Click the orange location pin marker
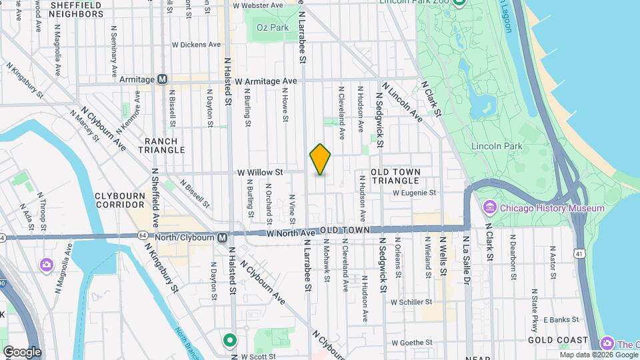pyautogui.click(x=320, y=159)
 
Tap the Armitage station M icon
pyautogui.click(x=162, y=79)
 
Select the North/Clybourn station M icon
pyautogui.click(x=223, y=237)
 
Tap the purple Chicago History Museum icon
pyautogui.click(x=490, y=208)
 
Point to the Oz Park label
pyautogui.click(x=273, y=27)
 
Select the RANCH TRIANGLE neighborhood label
pyautogui.click(x=161, y=146)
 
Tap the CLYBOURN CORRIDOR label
pyautogui.click(x=120, y=200)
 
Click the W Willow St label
pyautogui.click(x=261, y=172)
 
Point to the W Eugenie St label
pyautogui.click(x=414, y=193)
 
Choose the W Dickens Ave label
pyautogui.click(x=196, y=45)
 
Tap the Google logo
pyautogui.click(x=21, y=351)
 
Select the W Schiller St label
pyautogui.click(x=413, y=302)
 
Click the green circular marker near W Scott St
pyautogui.click(x=230, y=341)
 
